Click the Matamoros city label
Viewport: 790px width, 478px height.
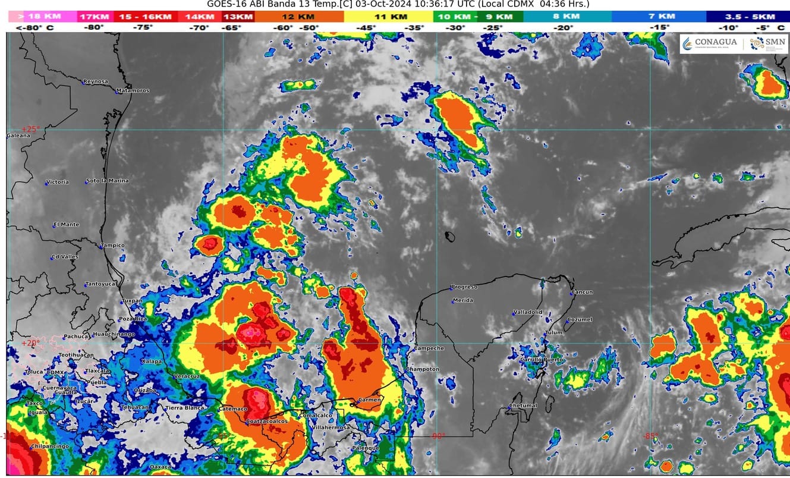click(x=134, y=91)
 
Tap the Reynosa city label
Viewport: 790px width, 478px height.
click(x=96, y=81)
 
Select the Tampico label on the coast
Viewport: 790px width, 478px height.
click(x=113, y=246)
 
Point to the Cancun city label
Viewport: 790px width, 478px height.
click(x=583, y=292)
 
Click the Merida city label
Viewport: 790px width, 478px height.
click(x=463, y=300)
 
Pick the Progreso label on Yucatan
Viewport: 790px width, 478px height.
click(x=464, y=287)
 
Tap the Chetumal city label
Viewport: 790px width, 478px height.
click(x=523, y=406)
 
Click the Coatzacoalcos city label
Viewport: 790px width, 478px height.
click(x=267, y=422)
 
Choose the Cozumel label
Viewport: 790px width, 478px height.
click(x=580, y=320)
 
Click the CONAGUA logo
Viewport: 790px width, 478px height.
click(x=710, y=43)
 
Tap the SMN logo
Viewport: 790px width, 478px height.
click(x=767, y=43)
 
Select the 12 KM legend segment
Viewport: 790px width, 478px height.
click(x=298, y=17)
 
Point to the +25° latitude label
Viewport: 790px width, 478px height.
click(x=30, y=129)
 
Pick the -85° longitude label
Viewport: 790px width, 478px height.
click(x=650, y=436)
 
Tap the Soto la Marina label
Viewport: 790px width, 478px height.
click(x=108, y=181)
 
